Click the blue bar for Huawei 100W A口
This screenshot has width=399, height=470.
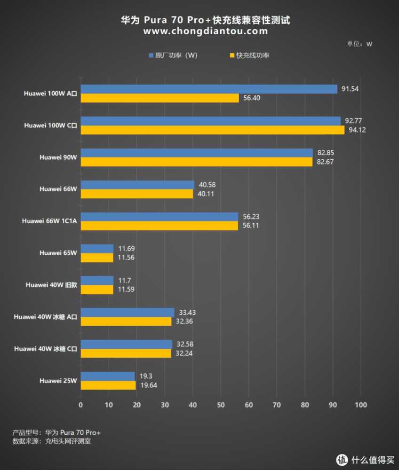[209, 89]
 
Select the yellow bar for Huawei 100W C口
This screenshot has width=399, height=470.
[213, 130]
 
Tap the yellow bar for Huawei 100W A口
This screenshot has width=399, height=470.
[160, 98]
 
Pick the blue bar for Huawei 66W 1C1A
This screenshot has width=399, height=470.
[160, 217]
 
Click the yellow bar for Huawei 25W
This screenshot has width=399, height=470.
[108, 385]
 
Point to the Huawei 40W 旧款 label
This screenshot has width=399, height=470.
[51, 285]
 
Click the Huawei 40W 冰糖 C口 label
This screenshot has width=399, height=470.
[46, 349]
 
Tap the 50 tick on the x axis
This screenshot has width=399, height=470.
[221, 405]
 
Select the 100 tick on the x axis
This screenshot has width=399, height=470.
[360, 405]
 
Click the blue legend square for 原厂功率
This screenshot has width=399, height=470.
[151, 55]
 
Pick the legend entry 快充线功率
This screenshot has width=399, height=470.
[253, 55]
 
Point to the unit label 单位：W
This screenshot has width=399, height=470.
[359, 44]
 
